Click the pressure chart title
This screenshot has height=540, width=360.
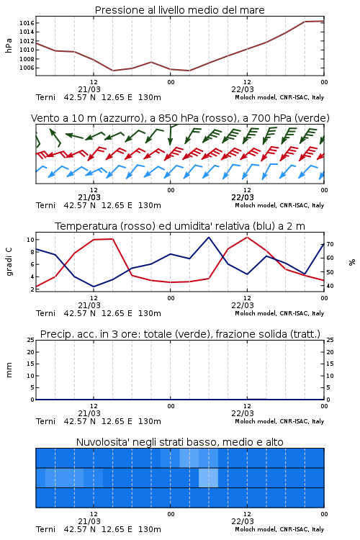coord(179,10)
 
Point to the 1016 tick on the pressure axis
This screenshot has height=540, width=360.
coord(26,23)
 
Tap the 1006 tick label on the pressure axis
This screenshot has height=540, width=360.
coord(26,68)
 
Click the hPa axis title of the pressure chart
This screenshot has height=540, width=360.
coord(9,45)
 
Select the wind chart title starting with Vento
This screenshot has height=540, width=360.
coord(180,118)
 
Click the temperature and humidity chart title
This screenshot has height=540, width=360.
coord(180,226)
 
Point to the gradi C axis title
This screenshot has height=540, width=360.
coord(9,262)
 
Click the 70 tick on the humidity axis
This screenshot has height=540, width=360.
coord(330,244)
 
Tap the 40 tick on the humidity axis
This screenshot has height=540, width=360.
coord(330,286)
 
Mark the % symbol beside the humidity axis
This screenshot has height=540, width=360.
coord(352,262)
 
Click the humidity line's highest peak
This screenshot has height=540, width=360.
coord(208,238)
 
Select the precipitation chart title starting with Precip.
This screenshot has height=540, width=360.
coord(180,334)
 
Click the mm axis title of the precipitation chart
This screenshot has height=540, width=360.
coord(9,369)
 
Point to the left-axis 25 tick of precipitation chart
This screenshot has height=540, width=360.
coord(31,340)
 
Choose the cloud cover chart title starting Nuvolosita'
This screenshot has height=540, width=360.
coord(180,442)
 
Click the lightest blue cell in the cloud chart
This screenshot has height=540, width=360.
coord(208,477)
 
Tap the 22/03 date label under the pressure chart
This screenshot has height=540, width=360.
coord(243,89)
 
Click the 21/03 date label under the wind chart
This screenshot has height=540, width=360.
coord(89,198)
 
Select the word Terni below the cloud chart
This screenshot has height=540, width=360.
coord(45,529)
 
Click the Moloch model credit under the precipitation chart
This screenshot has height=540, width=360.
coord(279,421)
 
